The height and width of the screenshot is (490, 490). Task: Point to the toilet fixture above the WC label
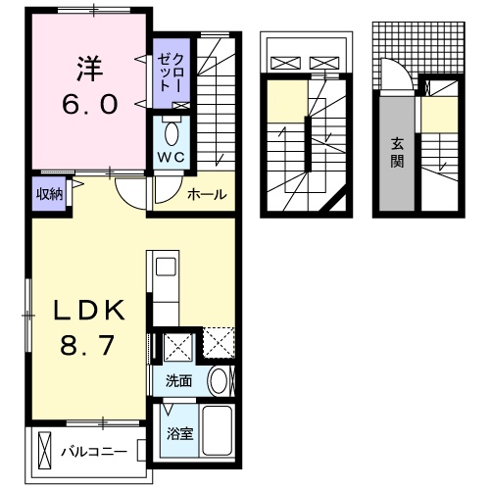pos(172,131)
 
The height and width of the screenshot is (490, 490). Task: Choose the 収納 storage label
pos(50,193)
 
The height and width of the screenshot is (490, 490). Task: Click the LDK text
pos(89,312)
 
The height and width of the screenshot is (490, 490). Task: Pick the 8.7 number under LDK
pos(90,345)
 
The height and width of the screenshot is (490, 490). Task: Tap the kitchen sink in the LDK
pos(165,266)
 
